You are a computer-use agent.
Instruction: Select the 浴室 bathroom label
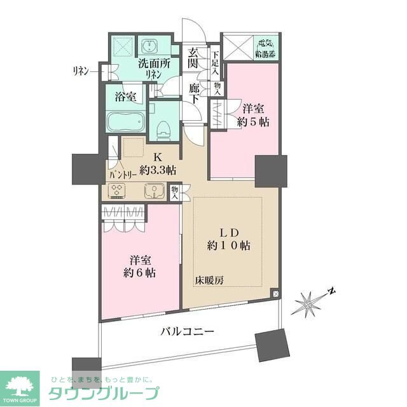pos(125,97)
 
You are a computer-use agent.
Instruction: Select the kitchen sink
pos(153,191)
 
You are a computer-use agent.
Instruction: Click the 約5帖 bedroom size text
pos(249,120)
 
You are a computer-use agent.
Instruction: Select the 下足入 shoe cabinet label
pos(216,62)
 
